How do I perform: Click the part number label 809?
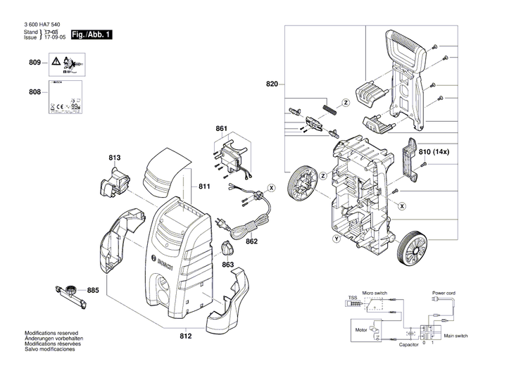pyautogui.click(x=34, y=63)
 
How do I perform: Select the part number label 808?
pyautogui.click(x=34, y=92)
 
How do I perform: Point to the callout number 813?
pyautogui.click(x=115, y=158)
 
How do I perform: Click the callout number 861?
pyautogui.click(x=222, y=129)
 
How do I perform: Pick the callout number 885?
pyautogui.click(x=93, y=290)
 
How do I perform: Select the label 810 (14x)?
pyautogui.click(x=444, y=151)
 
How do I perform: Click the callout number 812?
pyautogui.click(x=185, y=336)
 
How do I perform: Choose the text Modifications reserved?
pyautogui.click(x=51, y=333)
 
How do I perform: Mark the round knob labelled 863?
pyautogui.click(x=227, y=248)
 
